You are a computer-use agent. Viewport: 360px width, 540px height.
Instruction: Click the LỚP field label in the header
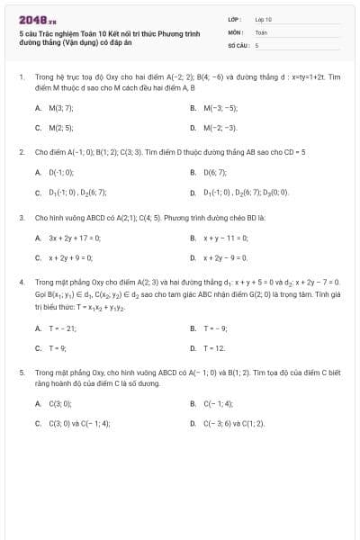(x=233, y=18)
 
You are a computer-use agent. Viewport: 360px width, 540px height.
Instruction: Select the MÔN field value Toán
(x=262, y=31)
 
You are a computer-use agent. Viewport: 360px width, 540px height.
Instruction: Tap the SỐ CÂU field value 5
(x=257, y=44)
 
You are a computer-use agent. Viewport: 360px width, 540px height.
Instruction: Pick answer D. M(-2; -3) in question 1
(x=213, y=129)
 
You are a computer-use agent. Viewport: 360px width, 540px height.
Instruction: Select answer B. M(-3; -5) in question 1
(x=213, y=108)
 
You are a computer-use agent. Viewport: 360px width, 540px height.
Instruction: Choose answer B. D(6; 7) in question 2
(x=209, y=171)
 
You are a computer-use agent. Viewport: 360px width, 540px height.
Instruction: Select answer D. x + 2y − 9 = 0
(x=218, y=258)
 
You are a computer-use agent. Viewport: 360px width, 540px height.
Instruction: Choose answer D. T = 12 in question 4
(x=208, y=348)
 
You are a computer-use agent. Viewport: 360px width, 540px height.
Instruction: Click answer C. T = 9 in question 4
(x=51, y=348)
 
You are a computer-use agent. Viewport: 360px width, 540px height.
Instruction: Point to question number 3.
(x=22, y=217)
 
